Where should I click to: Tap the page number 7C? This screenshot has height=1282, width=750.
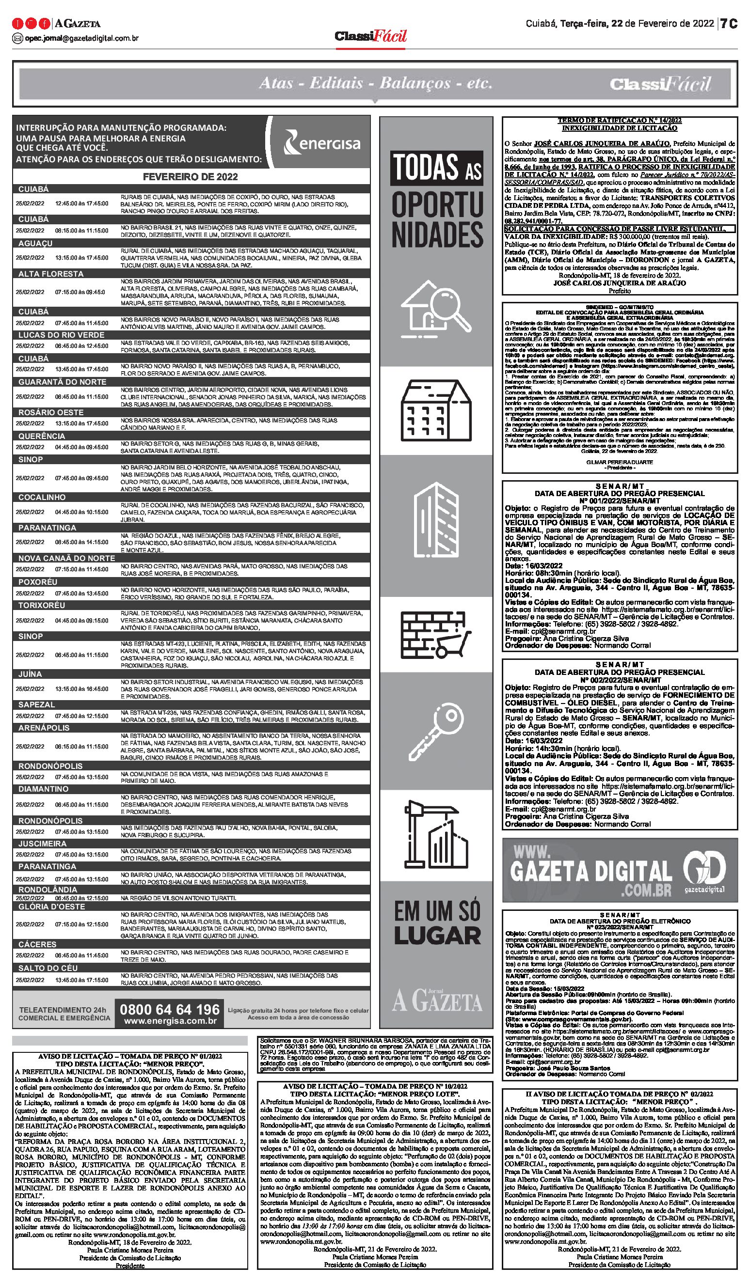(x=729, y=23)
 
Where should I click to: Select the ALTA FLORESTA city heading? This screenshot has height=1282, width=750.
(x=51, y=274)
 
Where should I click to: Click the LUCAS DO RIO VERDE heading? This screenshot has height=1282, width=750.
(x=62, y=335)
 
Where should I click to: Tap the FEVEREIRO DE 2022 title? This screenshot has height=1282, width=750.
(x=191, y=177)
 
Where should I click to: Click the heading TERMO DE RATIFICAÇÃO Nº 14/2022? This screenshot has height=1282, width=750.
(x=619, y=121)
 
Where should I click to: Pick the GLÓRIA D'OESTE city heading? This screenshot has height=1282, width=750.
(x=50, y=907)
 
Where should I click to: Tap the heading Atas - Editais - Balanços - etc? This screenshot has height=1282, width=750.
(x=375, y=83)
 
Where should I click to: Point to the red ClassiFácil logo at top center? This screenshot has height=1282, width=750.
(x=371, y=36)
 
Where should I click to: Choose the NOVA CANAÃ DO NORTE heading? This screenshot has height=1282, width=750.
(x=67, y=558)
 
